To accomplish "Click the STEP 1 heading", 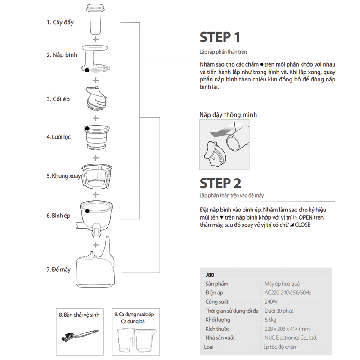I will (x=220, y=37).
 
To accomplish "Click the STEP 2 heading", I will (x=220, y=183).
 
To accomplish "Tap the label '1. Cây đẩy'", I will (x=60, y=22).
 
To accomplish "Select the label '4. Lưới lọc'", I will (x=58, y=136).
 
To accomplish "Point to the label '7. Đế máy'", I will (x=58, y=270).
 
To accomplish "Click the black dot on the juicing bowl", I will (x=85, y=210).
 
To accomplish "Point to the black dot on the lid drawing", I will (x=86, y=70).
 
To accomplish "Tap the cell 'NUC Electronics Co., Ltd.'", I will (x=290, y=337).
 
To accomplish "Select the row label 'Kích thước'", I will (x=218, y=328).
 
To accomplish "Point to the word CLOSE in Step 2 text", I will (x=302, y=225).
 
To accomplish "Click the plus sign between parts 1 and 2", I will (x=95, y=39).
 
